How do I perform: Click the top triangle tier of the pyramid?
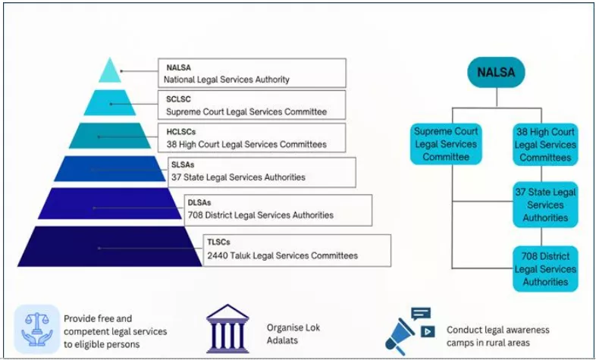coord(110,71)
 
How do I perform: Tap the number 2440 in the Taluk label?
coord(219,256)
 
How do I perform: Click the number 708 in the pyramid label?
coord(196,215)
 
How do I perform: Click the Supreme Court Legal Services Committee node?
coord(446,144)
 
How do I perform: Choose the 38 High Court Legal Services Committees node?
coord(545,144)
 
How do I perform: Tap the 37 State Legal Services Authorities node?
coord(545,205)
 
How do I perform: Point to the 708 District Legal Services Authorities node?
coord(545,268)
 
